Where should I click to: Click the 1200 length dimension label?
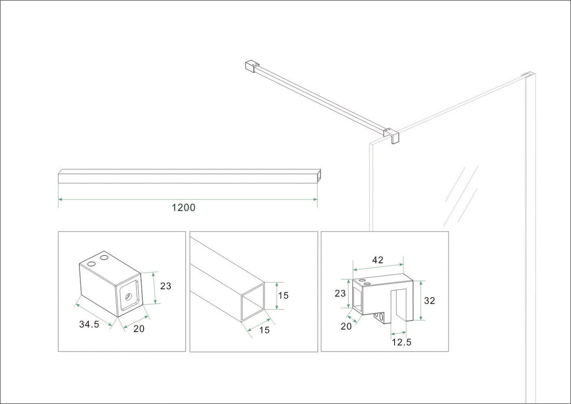[x=183, y=208]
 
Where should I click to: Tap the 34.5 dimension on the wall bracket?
[x=90, y=324]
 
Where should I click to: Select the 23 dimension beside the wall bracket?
[x=166, y=286]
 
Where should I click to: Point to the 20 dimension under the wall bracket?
[x=139, y=328]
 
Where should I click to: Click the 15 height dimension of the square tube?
[x=283, y=295]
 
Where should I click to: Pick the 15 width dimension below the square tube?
[x=264, y=330]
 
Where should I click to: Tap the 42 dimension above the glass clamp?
[x=377, y=260]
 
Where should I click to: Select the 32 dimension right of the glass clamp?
[x=429, y=301]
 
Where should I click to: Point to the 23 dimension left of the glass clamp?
[x=340, y=293]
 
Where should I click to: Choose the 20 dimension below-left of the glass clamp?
[x=346, y=326]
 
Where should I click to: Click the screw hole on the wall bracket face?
[x=128, y=298]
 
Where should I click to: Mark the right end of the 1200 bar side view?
[x=319, y=176]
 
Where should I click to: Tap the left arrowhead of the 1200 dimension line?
[x=60, y=199]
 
